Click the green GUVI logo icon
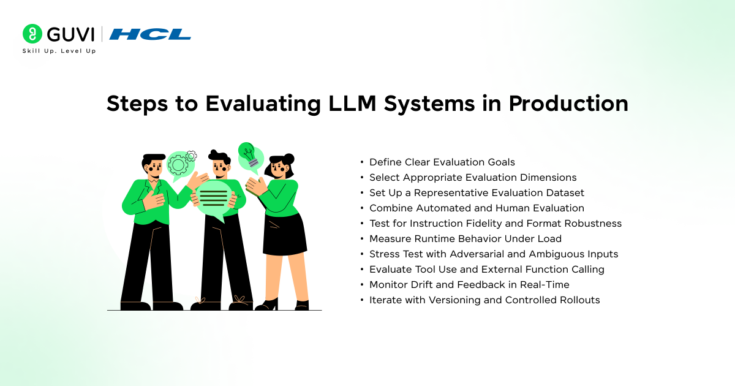coord(32,34)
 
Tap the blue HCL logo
coord(150,34)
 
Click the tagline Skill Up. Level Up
coord(59,51)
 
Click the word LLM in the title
coord(352,104)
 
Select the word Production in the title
coord(568,104)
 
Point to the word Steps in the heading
coord(137,104)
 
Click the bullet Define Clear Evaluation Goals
coord(442,162)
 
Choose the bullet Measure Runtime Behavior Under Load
coord(466,238)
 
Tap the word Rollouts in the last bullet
coord(580,300)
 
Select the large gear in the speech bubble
coord(178,164)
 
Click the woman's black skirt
coord(284,233)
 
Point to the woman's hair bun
coord(288,159)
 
